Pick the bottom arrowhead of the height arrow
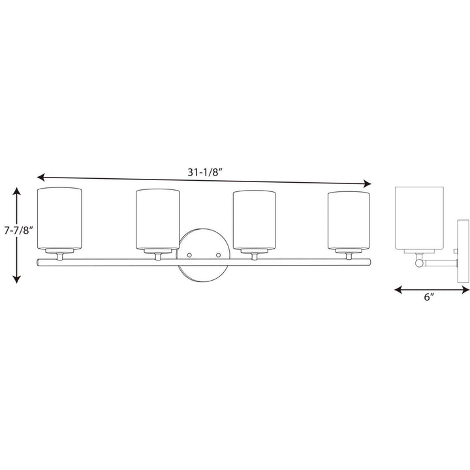[17, 279]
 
